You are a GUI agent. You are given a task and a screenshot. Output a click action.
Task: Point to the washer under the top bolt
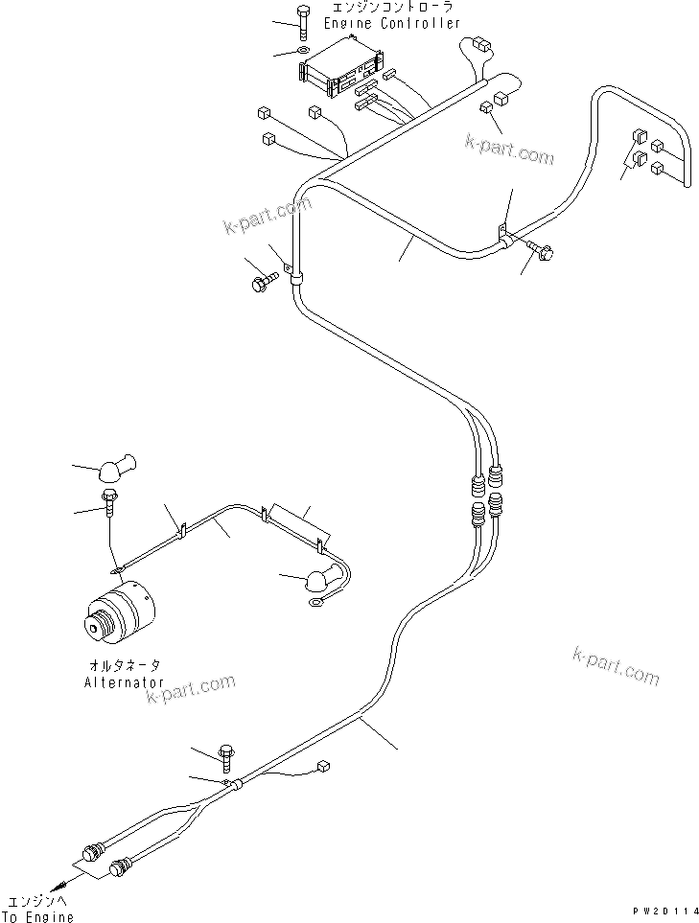click(x=304, y=51)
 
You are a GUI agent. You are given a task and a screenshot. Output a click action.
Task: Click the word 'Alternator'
click(x=122, y=682)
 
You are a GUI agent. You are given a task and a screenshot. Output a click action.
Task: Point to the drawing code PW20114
click(x=659, y=911)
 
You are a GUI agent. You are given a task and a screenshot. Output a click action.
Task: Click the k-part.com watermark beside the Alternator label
click(x=192, y=689)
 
